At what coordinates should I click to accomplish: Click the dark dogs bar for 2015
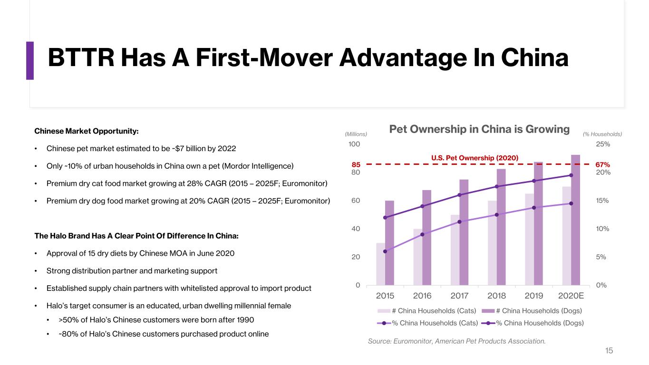click(389, 243)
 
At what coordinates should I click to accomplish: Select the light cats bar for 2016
click(418, 257)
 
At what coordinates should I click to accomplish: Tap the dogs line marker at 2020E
click(571, 175)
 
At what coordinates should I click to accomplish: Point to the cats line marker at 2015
click(385, 251)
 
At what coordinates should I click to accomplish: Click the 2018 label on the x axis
click(496, 296)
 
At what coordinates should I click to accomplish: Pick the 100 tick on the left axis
click(354, 144)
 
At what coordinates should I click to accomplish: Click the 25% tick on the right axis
click(603, 144)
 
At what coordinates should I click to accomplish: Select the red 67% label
click(603, 164)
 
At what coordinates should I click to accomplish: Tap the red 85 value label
click(356, 164)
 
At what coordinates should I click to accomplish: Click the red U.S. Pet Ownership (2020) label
click(475, 158)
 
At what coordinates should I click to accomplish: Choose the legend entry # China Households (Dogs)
click(532, 311)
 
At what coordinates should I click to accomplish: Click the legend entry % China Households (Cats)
click(427, 323)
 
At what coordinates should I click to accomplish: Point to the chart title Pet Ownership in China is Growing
click(479, 129)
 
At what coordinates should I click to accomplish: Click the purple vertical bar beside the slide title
click(30, 60)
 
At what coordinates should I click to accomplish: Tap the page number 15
click(609, 351)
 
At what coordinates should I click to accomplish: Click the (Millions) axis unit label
click(356, 134)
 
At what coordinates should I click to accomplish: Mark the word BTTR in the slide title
click(81, 58)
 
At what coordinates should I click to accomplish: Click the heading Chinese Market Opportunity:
click(87, 131)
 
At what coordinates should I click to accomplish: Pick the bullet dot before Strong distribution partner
click(36, 271)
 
